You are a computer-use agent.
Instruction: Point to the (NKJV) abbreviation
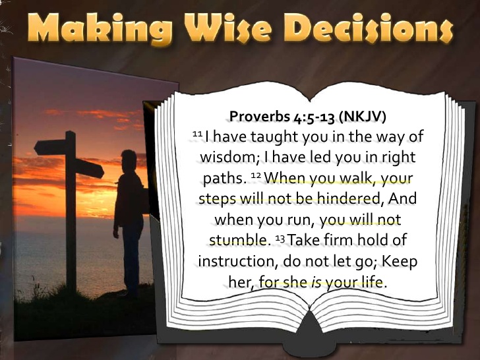pyautogui.click(x=362, y=117)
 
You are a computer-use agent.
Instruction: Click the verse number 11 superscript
pyautogui.click(x=196, y=134)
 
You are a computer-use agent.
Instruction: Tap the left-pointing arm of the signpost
pyautogui.click(x=49, y=146)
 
